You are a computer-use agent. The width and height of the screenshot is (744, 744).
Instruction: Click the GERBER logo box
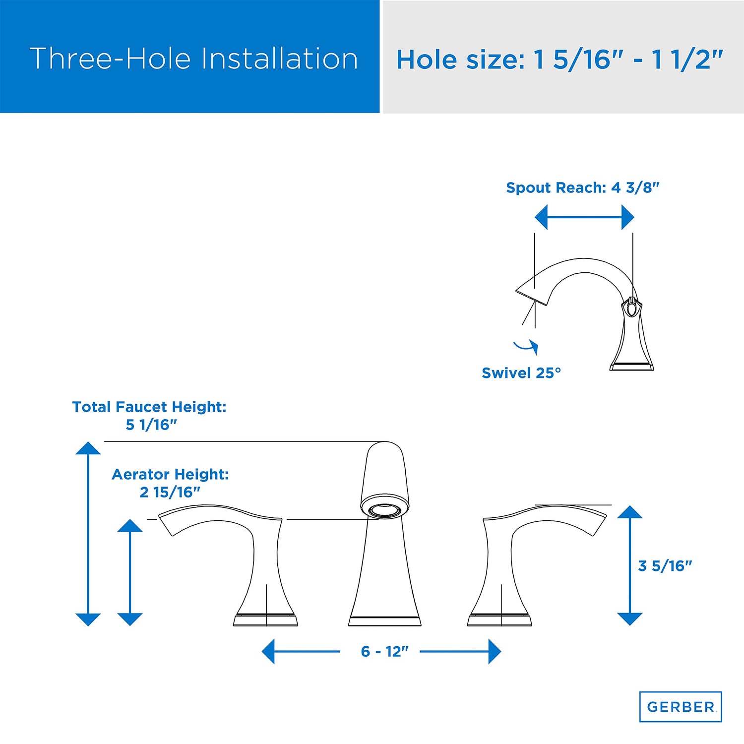tap(681, 706)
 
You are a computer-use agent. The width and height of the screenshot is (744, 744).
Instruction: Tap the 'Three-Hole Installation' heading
tap(194, 59)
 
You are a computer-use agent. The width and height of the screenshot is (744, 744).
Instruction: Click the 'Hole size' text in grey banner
tap(560, 60)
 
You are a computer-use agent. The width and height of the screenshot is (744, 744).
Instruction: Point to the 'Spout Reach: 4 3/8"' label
tap(583, 187)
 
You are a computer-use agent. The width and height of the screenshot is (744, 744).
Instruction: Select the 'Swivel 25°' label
tap(521, 373)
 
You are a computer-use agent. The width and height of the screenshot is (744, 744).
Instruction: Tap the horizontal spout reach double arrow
tap(584, 218)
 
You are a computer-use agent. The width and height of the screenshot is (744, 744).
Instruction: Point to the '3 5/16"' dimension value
tap(665, 565)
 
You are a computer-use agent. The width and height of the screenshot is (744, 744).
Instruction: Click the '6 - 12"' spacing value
tap(384, 651)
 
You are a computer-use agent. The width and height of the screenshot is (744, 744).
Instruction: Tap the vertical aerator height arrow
tap(130, 572)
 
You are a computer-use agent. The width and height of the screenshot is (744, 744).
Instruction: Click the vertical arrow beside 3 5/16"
tap(630, 565)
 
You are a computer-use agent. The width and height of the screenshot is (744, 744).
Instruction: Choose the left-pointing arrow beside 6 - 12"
tap(301, 651)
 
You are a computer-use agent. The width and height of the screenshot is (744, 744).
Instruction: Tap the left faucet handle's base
tap(265, 620)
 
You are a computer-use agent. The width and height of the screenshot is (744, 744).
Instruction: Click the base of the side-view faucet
tap(631, 367)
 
